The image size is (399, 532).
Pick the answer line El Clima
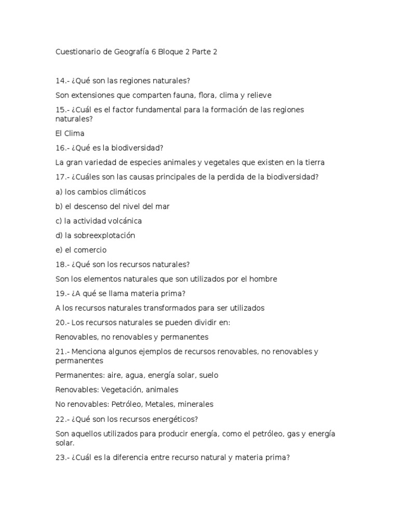70,133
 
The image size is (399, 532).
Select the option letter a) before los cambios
59,192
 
